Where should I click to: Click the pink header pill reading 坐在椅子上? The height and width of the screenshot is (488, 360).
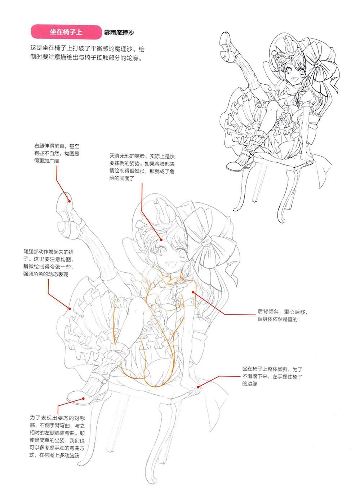[66, 32]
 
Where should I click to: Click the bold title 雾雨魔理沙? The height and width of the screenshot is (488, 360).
[119, 33]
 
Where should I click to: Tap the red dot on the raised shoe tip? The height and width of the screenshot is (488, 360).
[69, 201]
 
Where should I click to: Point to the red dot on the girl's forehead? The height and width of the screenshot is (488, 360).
[161, 240]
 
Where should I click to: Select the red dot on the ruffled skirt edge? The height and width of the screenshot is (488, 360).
[70, 309]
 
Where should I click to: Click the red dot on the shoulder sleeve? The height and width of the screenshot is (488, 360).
[193, 292]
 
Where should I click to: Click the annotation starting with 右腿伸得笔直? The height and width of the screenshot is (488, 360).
[57, 154]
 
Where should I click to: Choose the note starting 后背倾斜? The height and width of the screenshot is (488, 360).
[283, 315]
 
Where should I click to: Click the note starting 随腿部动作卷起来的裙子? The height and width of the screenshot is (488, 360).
[49, 263]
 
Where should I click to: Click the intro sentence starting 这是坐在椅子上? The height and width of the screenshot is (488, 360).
[87, 53]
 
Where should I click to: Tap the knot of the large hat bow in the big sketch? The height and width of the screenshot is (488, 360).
[206, 241]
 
